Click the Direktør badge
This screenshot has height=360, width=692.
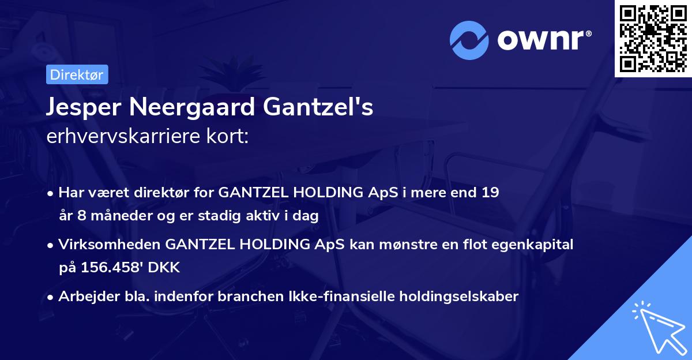77,74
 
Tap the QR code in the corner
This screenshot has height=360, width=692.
653,38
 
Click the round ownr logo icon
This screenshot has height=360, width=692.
469,40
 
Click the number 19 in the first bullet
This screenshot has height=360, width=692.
490,193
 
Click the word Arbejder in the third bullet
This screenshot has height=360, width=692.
84,297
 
